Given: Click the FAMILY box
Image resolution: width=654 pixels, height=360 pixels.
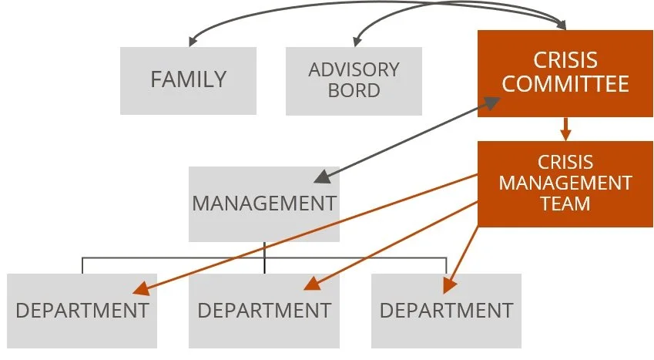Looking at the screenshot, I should pyautogui.click(x=188, y=80).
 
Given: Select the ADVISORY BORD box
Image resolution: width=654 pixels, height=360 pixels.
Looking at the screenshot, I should pyautogui.click(x=354, y=80).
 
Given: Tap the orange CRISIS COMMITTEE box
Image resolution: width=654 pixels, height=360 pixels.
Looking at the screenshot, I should pyautogui.click(x=565, y=72).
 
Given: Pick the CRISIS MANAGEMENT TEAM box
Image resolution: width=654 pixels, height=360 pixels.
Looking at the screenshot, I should pyautogui.click(x=565, y=183).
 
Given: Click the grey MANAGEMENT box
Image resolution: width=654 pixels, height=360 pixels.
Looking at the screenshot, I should pyautogui.click(x=264, y=204).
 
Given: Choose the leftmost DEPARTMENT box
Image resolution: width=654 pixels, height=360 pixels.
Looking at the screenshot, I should pyautogui.click(x=82, y=311).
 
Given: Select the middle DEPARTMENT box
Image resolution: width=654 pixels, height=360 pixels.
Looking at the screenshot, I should pyautogui.click(x=264, y=311).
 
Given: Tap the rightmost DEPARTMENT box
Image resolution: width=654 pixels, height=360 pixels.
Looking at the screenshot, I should pyautogui.click(x=446, y=311).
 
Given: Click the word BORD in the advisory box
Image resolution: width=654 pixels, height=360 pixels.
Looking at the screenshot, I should pyautogui.click(x=354, y=90).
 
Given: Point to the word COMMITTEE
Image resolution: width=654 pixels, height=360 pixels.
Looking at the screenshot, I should pyautogui.click(x=565, y=83).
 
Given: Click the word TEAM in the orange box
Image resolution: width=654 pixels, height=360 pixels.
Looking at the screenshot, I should pyautogui.click(x=565, y=204).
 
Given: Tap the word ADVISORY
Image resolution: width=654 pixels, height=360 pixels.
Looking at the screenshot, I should pyautogui.click(x=354, y=70).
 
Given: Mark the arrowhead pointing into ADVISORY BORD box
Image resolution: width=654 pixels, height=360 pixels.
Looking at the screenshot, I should pyautogui.click(x=357, y=42).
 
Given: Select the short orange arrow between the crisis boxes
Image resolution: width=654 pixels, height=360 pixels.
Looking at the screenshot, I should pyautogui.click(x=565, y=129).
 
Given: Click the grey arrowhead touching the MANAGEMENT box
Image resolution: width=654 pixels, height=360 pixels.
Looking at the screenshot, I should pyautogui.click(x=321, y=177).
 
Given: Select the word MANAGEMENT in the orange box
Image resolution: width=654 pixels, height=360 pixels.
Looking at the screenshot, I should pyautogui.click(x=565, y=183).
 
